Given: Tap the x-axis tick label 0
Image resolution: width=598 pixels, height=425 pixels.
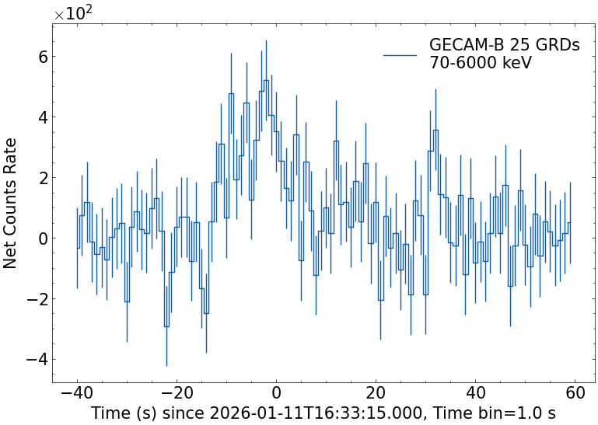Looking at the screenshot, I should click(x=276, y=393).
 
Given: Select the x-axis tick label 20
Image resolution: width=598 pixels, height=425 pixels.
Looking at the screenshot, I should click(x=376, y=393).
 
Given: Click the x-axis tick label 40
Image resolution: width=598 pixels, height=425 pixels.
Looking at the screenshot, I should click(x=475, y=393).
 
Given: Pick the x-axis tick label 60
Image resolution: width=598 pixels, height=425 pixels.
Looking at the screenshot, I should click(x=575, y=393).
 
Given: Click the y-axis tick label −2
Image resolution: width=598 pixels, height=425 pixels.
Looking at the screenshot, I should click(x=36, y=299).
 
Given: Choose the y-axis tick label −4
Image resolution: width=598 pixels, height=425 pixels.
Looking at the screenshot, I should click(x=36, y=360).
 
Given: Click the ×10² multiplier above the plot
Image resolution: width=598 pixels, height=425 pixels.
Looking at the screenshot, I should click(x=74, y=13).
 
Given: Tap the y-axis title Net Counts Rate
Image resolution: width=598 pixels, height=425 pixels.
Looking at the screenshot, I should click(x=11, y=203).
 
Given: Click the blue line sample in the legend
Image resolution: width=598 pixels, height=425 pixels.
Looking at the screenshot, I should click(x=400, y=54).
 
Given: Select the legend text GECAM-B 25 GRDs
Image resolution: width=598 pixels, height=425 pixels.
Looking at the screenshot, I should click(x=504, y=46).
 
